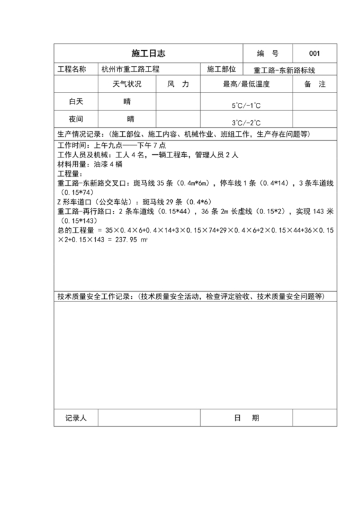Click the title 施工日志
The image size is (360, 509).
(x=148, y=53)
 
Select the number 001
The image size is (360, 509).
(x=314, y=53)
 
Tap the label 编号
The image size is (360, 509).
(x=267, y=53)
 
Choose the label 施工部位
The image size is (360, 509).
(x=222, y=69)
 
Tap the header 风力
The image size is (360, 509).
(x=178, y=85)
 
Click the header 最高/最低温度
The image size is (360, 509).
(x=246, y=85)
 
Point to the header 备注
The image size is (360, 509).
(x=315, y=85)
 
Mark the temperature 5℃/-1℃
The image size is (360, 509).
(x=246, y=105)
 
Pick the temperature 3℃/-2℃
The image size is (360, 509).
(x=246, y=122)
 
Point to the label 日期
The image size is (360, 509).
(x=247, y=418)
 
